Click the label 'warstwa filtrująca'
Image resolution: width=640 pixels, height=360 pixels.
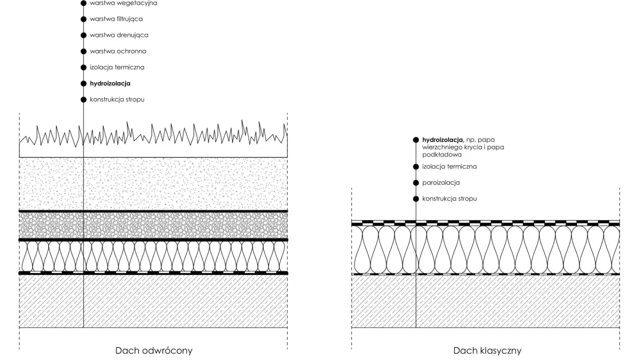[116, 19]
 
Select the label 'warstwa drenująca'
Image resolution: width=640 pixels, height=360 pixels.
[119, 35]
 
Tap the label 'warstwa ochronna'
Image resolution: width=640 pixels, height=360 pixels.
[118, 51]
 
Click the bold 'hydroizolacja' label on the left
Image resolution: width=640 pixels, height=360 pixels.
[110, 83]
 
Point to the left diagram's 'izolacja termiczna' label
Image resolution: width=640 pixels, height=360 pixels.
[117, 67]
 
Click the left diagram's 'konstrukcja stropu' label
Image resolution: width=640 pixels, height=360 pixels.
[117, 99]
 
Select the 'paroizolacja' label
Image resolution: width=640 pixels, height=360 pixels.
[441, 182]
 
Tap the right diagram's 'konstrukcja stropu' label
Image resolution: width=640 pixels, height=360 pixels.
[449, 198]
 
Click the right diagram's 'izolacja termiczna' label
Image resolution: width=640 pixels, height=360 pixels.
[449, 166]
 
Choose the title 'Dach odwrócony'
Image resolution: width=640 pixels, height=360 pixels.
[153, 350]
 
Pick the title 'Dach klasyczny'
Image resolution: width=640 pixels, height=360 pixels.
[487, 350]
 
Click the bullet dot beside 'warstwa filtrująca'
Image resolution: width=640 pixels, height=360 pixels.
[83, 19]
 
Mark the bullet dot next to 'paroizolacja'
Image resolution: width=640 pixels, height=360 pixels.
[416, 182]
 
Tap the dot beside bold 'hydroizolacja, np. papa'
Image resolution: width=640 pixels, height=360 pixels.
[416, 139]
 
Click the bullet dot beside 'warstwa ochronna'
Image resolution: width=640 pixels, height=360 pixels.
[83, 51]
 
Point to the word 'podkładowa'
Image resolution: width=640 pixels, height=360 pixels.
[441, 154]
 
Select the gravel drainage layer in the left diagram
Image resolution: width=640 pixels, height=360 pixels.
[153, 225]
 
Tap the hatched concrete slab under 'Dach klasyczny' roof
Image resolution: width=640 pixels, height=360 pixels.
[485, 301]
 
